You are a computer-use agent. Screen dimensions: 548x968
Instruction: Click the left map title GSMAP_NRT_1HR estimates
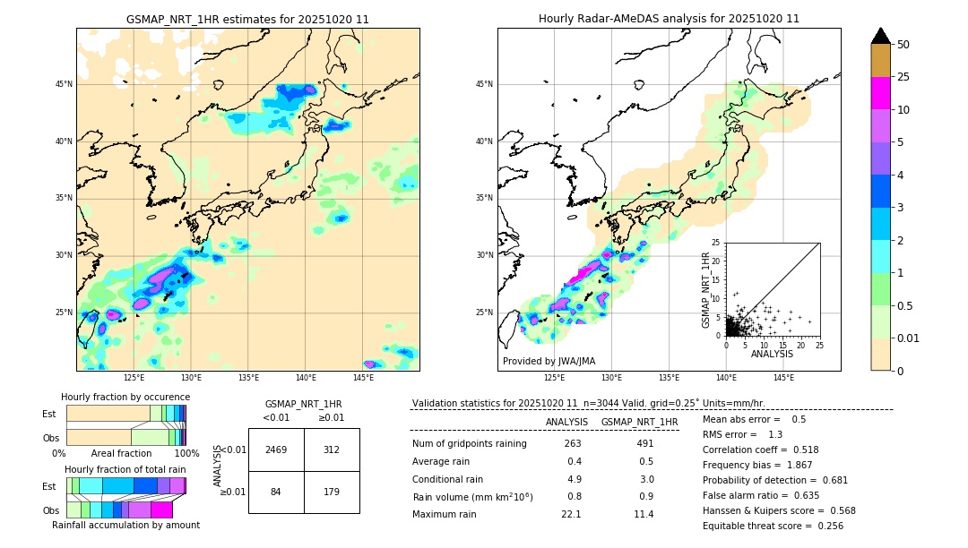point(247,19)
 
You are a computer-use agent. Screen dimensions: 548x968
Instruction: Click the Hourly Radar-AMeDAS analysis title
point(669,19)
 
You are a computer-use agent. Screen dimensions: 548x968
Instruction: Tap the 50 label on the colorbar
point(903,45)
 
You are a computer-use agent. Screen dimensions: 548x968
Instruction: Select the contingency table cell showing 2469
point(276,450)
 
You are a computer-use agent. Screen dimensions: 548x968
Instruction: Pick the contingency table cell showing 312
point(332,450)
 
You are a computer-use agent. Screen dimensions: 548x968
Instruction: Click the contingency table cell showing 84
point(276,491)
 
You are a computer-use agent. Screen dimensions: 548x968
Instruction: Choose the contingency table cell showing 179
point(332,491)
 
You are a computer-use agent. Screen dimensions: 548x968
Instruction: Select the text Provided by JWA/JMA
point(549,362)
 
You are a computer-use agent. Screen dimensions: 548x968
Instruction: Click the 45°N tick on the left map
point(64,84)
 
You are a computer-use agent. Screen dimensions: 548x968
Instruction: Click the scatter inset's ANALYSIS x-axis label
point(772,355)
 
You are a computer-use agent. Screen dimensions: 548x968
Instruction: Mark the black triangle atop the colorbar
point(881,36)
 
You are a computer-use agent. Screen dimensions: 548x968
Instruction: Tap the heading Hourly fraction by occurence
point(125,397)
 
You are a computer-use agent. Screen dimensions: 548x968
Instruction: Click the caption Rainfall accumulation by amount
point(125,525)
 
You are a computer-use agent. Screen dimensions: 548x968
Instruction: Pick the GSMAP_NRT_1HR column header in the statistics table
point(639,422)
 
